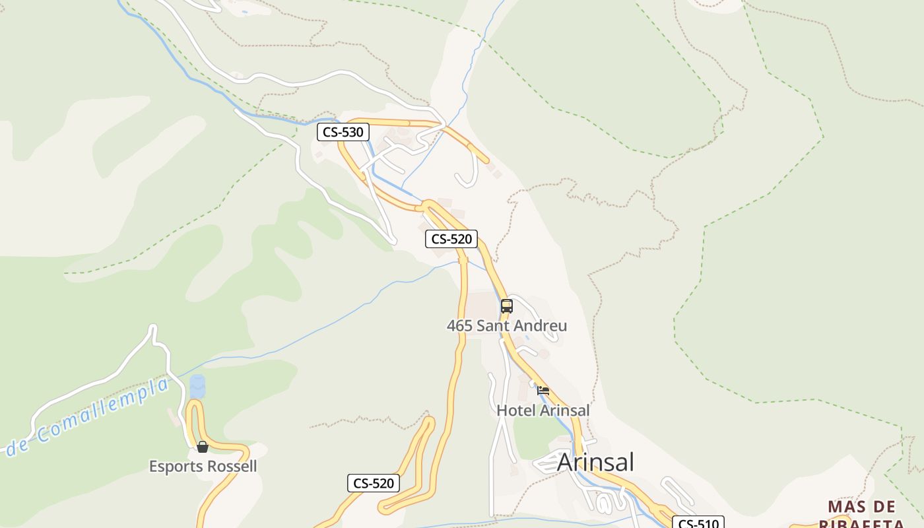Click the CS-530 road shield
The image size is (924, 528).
pos(343,132)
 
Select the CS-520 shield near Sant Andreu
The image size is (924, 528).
pos(451,239)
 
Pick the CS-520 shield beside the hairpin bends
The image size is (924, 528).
pos(374,483)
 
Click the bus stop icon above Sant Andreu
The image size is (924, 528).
pos(507,306)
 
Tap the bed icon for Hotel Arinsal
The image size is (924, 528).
pos(543,391)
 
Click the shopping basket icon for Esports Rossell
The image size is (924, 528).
pos(203,447)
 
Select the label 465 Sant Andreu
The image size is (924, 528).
pos(507,325)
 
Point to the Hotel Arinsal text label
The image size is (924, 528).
pos(543,410)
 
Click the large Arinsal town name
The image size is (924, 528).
pos(595,462)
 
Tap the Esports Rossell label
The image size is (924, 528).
pos(203,466)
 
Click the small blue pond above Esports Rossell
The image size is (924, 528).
pos(197,387)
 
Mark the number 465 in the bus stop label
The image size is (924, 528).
pos(460,325)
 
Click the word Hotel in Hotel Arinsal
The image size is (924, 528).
pos(516,410)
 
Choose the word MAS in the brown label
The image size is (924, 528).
pos(843,507)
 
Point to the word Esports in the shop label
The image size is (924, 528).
pos(174,466)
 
